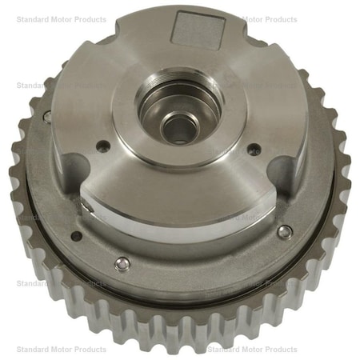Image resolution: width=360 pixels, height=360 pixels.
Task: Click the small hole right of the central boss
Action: point(254,149)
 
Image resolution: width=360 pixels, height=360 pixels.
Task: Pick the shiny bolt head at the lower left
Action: point(120,265)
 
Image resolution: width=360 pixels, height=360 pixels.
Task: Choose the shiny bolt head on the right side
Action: point(284,232)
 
